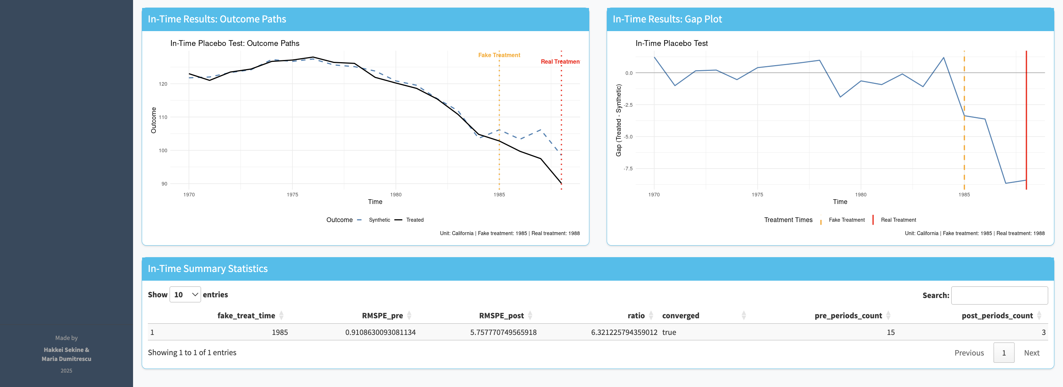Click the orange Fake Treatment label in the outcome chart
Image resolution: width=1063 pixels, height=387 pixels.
(499, 55)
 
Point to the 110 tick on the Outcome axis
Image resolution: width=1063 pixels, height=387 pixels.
(163, 117)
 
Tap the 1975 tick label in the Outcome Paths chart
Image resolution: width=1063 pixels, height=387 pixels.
(292, 194)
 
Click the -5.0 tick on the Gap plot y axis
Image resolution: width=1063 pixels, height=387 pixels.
(628, 137)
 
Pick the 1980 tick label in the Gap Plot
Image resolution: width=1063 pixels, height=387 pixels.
(861, 194)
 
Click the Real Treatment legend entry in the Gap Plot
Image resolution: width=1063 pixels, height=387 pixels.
(898, 220)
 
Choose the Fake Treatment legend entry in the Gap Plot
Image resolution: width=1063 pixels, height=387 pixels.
(846, 220)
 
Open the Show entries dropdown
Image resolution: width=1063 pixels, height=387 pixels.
(185, 294)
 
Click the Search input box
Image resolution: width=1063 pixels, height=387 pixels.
(999, 295)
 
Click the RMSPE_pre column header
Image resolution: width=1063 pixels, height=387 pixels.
(382, 316)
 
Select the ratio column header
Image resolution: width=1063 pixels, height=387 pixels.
(636, 316)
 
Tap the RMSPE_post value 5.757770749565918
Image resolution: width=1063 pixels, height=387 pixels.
(503, 332)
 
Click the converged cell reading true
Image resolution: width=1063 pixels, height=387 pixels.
(669, 332)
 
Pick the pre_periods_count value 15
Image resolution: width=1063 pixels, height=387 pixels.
(891, 332)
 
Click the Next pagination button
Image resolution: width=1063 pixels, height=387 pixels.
(1031, 353)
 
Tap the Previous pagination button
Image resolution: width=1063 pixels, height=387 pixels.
(969, 353)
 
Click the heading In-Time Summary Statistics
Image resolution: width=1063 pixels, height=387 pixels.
(208, 269)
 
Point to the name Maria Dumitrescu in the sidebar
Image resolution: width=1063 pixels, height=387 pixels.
(67, 359)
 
